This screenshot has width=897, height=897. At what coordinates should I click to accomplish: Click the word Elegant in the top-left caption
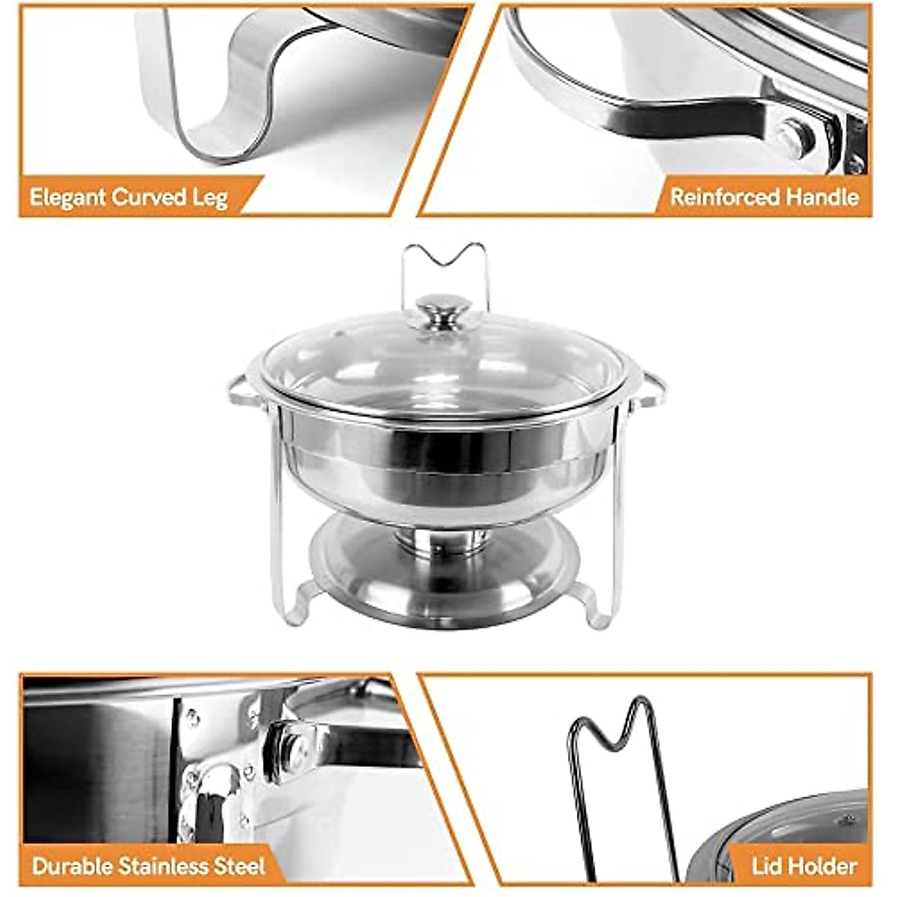(x=68, y=198)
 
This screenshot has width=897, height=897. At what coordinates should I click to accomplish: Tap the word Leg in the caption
(x=209, y=199)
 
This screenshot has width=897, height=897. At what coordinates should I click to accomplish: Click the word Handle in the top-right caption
(x=822, y=197)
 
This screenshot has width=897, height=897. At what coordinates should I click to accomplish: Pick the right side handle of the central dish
(x=649, y=389)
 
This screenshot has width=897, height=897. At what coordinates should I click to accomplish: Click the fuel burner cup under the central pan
(x=443, y=540)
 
